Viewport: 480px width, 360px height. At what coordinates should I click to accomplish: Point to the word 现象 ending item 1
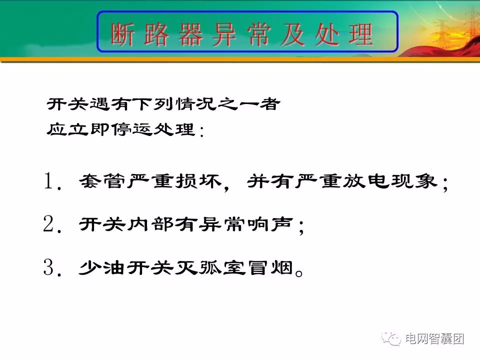tap(416, 182)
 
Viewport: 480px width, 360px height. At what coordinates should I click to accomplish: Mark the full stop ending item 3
tap(299, 273)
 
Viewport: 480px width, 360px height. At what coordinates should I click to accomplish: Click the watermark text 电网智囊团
tap(434, 338)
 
